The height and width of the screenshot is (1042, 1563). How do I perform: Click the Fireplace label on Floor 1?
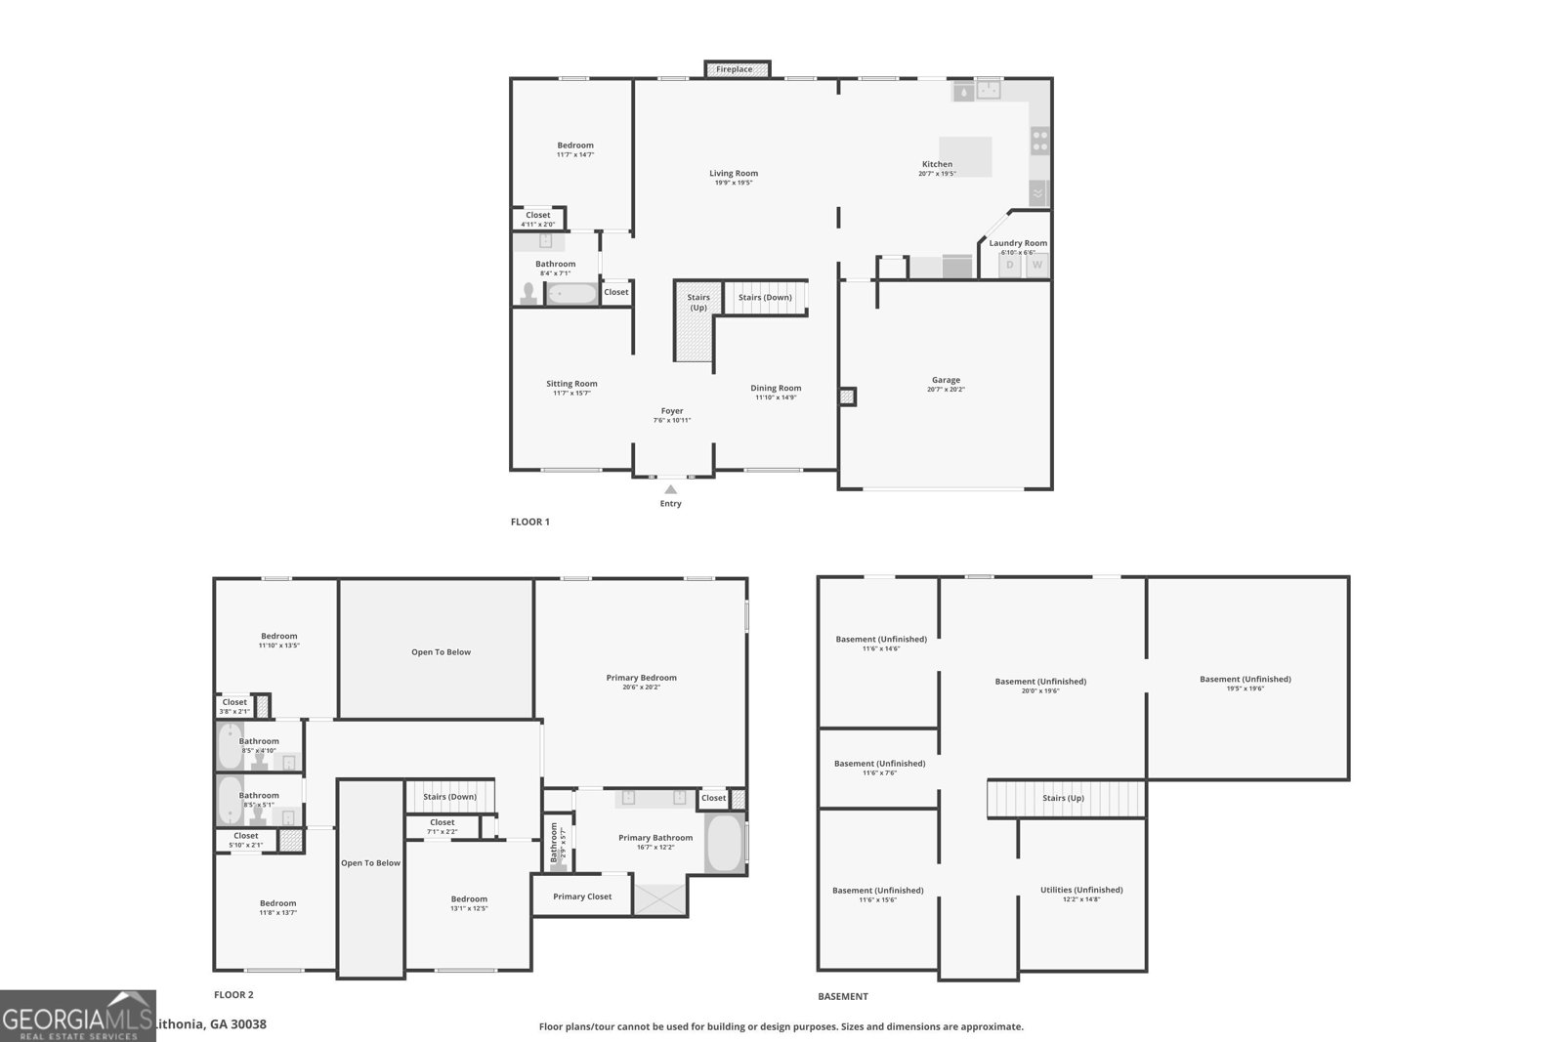pyautogui.click(x=735, y=69)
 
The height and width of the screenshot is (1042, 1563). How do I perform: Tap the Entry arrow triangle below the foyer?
pyautogui.click(x=670, y=489)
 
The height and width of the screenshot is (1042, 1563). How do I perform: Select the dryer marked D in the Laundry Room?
pyautogui.click(x=1010, y=265)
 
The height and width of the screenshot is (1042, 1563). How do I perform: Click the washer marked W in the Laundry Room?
pyautogui.click(x=1037, y=265)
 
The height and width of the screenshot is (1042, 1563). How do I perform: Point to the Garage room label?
pyautogui.click(x=946, y=380)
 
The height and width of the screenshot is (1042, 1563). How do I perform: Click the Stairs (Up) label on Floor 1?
pyautogui.click(x=697, y=303)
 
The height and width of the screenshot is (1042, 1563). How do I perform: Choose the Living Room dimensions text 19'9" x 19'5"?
pyautogui.click(x=734, y=183)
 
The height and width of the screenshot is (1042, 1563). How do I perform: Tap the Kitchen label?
pyautogui.click(x=937, y=164)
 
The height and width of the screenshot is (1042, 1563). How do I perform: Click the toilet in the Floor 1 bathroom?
pyautogui.click(x=528, y=293)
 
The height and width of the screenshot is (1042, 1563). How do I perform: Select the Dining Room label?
pyautogui.click(x=776, y=388)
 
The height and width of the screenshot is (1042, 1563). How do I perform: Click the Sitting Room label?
pyautogui.click(x=571, y=384)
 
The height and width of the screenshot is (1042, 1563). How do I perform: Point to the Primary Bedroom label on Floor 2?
pyautogui.click(x=641, y=677)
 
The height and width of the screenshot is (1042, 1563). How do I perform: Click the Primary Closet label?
pyautogui.click(x=582, y=896)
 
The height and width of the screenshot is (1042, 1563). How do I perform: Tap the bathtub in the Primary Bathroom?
pyautogui.click(x=724, y=844)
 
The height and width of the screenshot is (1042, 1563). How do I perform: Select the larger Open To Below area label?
pyautogui.click(x=441, y=651)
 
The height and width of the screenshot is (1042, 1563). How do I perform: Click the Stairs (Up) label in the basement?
pyautogui.click(x=1063, y=798)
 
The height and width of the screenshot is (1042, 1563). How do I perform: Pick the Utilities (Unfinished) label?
pyautogui.click(x=1081, y=890)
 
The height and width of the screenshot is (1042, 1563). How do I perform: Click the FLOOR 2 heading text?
pyautogui.click(x=233, y=995)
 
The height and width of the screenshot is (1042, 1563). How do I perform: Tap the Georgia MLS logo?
pyautogui.click(x=78, y=1017)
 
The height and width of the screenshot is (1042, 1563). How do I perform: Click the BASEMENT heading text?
pyautogui.click(x=842, y=997)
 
